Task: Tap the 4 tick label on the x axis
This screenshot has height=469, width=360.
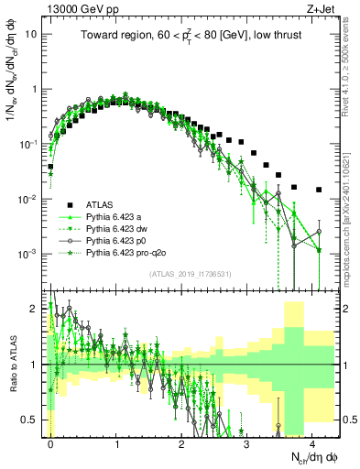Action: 312,442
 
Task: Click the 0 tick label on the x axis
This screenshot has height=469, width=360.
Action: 50,442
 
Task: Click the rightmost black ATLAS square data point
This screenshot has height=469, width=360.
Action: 319,190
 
